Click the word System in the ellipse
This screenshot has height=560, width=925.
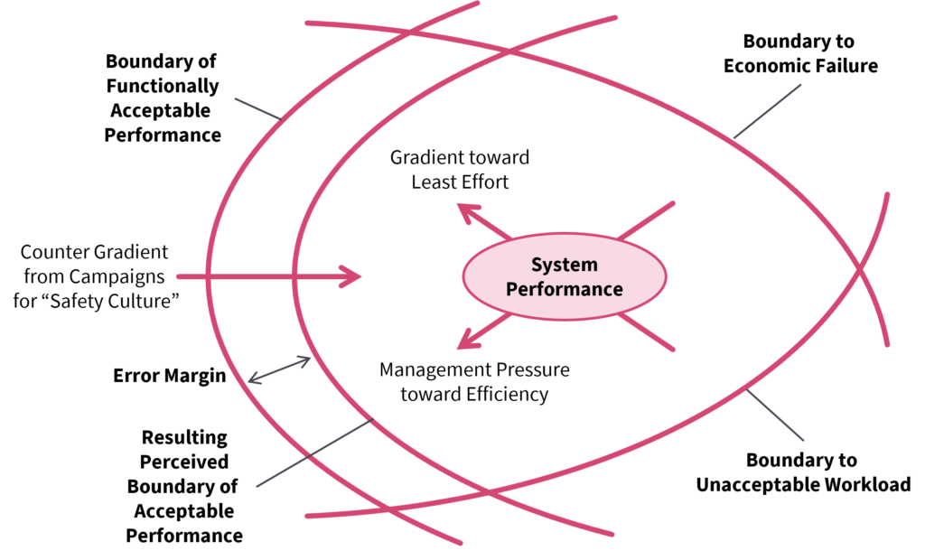[564, 265]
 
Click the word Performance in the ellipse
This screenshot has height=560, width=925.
[564, 289]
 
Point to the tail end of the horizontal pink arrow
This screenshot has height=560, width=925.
[178, 276]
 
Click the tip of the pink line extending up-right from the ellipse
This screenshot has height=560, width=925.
[673, 202]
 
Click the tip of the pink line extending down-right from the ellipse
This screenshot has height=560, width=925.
[673, 350]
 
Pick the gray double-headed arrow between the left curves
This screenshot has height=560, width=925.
[279, 370]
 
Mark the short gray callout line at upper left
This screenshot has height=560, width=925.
[257, 109]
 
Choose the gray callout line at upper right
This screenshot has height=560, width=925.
[766, 111]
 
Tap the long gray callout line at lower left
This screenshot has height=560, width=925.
[314, 453]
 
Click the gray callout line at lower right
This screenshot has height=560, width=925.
[774, 415]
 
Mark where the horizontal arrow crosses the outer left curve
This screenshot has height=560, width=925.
[207, 276]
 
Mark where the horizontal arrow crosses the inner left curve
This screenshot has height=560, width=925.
[293, 276]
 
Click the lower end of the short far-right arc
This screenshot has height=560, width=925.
[888, 344]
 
